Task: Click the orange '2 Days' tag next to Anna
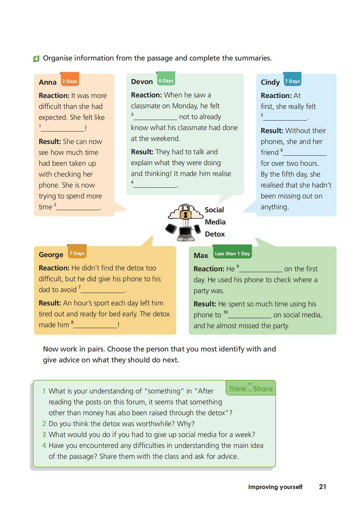coord(70,81)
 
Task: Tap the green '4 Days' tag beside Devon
coord(166,80)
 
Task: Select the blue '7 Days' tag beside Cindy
coord(292,81)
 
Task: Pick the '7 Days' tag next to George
coord(77,253)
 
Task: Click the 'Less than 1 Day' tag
coord(232,253)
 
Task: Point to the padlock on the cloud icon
coord(185,214)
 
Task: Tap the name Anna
coord(47,82)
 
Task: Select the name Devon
coord(142,82)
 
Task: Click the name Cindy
coord(270,82)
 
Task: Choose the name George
coord(51,255)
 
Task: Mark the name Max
coord(201,256)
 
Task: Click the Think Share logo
coord(250,388)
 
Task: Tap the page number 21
coord(322,487)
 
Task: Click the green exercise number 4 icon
coord(36,59)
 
